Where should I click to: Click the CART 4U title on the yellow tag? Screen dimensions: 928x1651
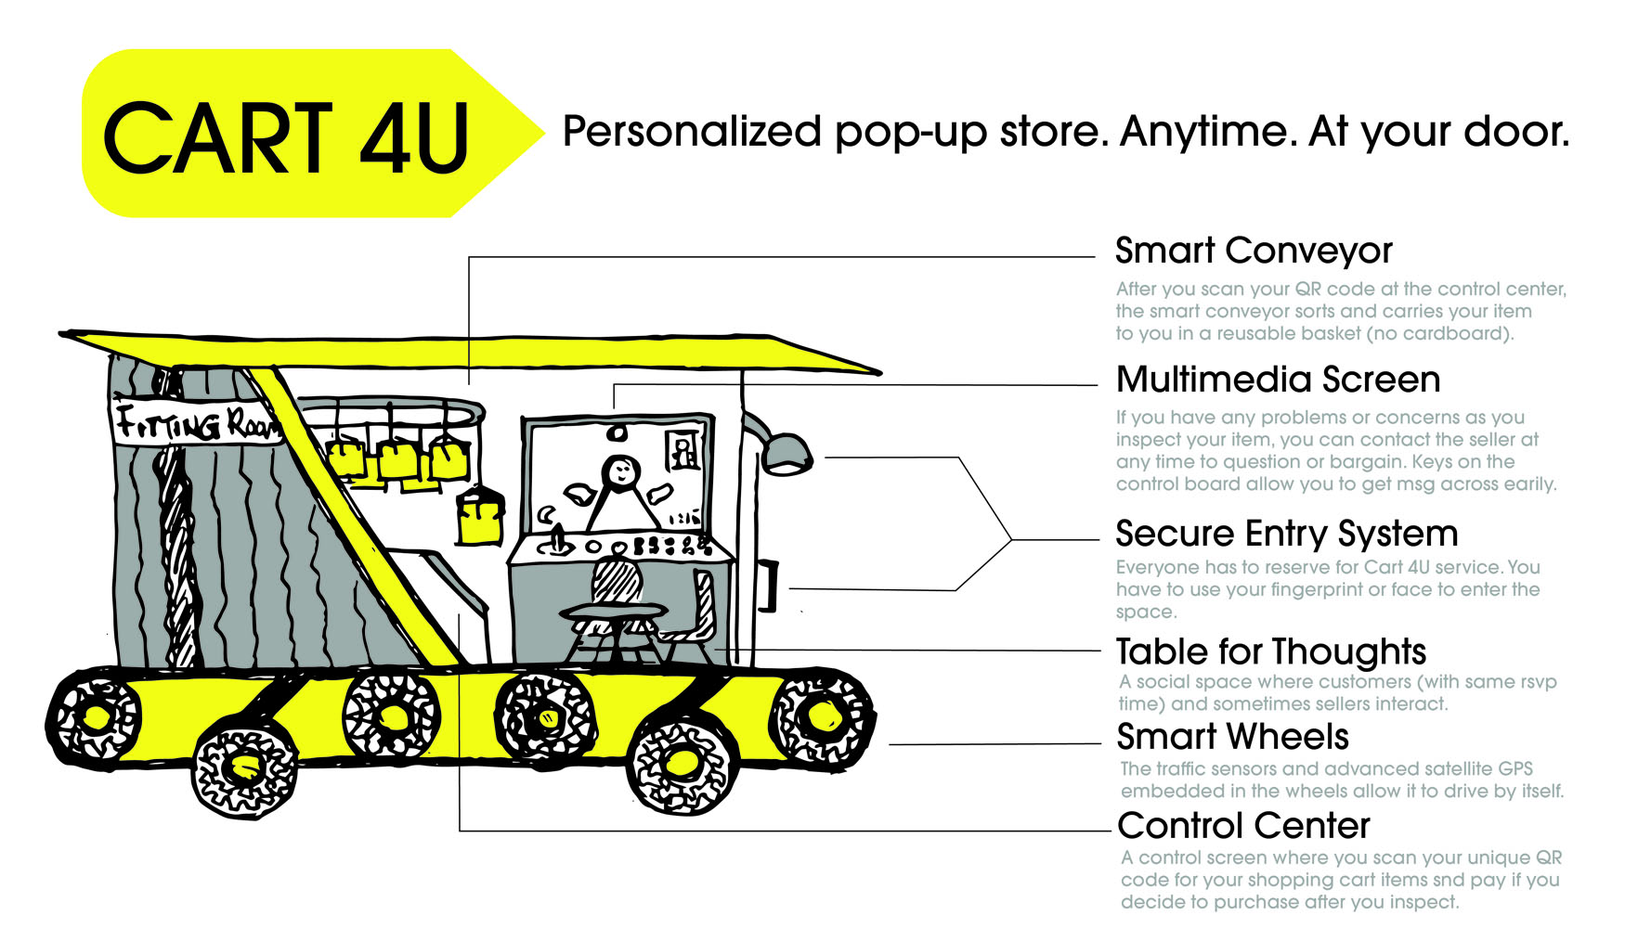286,139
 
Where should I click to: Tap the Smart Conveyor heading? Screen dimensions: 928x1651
1254,251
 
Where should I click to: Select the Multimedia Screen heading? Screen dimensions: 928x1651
1279,380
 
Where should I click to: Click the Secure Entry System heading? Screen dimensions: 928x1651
1286,534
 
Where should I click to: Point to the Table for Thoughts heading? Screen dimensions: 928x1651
1270,651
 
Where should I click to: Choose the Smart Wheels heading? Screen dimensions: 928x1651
1232,737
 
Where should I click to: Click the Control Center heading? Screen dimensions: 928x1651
1243,825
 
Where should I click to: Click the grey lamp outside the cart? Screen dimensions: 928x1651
785,454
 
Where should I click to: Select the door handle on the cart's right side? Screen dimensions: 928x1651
768,586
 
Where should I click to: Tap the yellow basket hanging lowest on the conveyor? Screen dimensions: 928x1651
480,521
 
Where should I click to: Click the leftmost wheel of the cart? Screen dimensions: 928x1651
95,717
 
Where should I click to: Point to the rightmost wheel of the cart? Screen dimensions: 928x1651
823,716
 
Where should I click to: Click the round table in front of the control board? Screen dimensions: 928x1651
613,612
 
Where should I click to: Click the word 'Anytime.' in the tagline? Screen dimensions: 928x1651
1204,132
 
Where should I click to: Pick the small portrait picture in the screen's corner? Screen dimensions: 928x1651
683,451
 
